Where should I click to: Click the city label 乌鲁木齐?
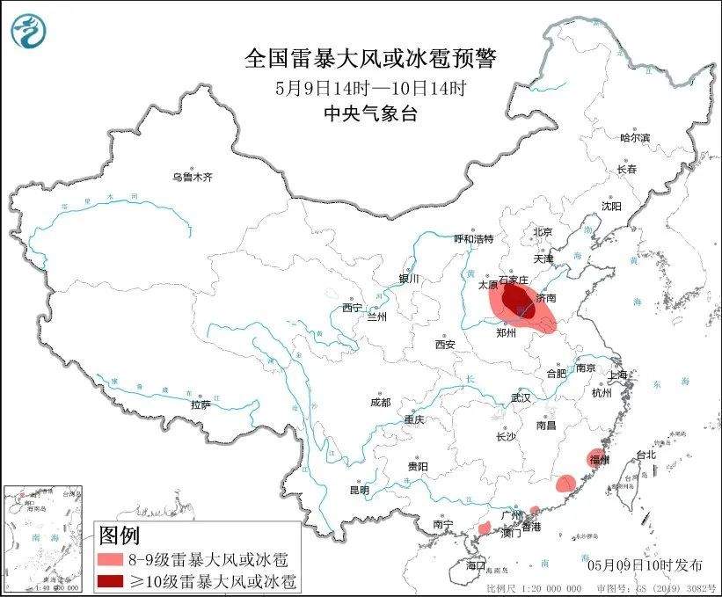pos(192,177)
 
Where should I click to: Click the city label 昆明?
pos(361,489)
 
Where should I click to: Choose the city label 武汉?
pos(521,397)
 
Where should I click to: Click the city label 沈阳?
pos(610,206)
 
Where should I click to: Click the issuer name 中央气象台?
pos(369,112)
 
